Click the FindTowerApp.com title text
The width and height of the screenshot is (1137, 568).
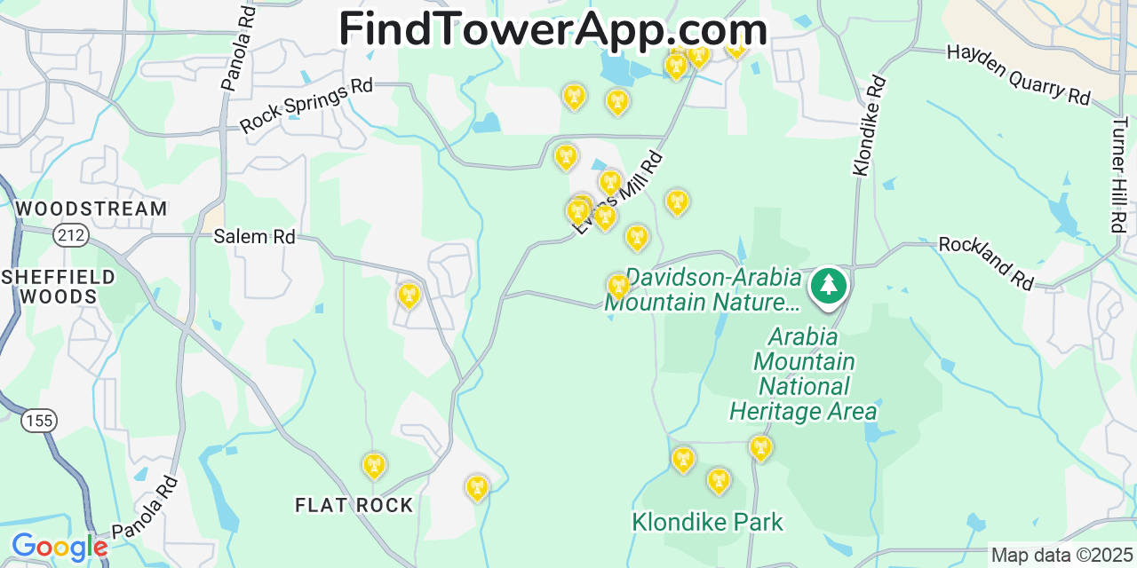553,29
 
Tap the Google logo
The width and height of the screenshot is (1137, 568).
59,547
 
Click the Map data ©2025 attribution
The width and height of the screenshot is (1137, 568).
1061,556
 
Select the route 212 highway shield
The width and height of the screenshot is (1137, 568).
69,235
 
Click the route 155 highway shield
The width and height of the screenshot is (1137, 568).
39,420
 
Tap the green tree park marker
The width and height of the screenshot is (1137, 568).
829,285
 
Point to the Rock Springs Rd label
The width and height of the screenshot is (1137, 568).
306,106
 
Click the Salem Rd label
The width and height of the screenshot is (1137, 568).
254,237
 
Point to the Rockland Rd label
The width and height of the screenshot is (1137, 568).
987,262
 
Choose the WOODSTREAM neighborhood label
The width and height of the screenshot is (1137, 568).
91,209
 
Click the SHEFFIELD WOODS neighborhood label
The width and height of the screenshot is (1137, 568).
59,287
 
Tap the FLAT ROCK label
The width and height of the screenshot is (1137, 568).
354,506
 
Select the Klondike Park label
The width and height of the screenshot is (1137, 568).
707,522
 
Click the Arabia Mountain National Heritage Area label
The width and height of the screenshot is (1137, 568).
804,375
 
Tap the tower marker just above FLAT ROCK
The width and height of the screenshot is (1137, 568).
374,465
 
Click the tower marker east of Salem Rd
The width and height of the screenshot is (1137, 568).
409,295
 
